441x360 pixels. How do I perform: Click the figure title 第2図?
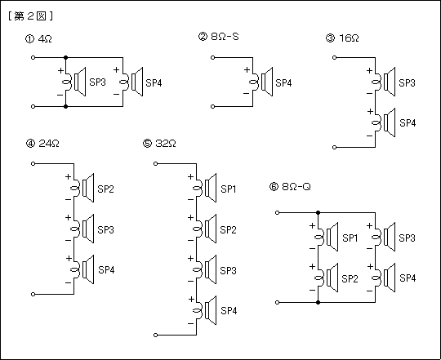pyautogui.click(x=30, y=16)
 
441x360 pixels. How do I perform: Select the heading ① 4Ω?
pyautogui.click(x=38, y=39)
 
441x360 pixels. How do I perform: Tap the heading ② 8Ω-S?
pyautogui.click(x=219, y=37)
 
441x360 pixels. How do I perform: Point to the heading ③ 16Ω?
pyautogui.click(x=342, y=38)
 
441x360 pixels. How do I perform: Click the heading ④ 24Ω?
pyautogui.click(x=42, y=144)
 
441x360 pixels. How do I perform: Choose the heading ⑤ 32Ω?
pyautogui.click(x=159, y=144)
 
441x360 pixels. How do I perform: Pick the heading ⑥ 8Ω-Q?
pyautogui.click(x=290, y=187)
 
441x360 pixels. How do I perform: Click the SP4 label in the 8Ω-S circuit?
pyautogui.click(x=283, y=83)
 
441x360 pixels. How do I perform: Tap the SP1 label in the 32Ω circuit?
pyautogui.click(x=228, y=189)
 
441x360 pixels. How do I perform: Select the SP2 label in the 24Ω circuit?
pyautogui.click(x=105, y=189)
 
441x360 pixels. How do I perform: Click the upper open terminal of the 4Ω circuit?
pyautogui.click(x=33, y=58)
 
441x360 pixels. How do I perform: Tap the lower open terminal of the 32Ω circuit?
pyautogui.click(x=155, y=335)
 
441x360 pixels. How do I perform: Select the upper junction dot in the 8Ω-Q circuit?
pyautogui.click(x=318, y=213)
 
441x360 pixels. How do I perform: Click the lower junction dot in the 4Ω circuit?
pyautogui.click(x=65, y=106)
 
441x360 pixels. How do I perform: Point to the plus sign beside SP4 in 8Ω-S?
pyautogui.click(x=247, y=69)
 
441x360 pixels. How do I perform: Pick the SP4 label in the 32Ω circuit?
pyautogui.click(x=229, y=311)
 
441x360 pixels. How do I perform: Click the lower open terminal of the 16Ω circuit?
pyautogui.click(x=334, y=147)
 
